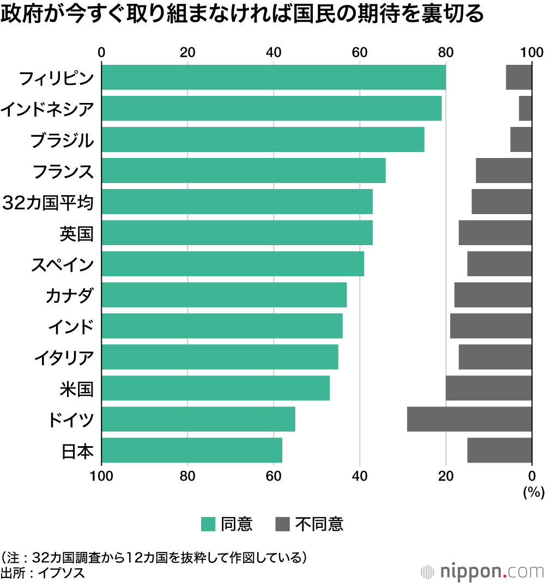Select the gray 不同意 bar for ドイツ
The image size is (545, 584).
pyautogui.click(x=469, y=419)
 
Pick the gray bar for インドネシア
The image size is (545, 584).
pyautogui.click(x=525, y=108)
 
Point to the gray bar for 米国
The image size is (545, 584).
pyautogui.click(x=489, y=388)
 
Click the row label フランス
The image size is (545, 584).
pyautogui.click(x=63, y=172)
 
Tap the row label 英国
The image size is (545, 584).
pyautogui.click(x=76, y=234)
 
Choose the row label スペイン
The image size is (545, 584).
pyautogui.click(x=62, y=265)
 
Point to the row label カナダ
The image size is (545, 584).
pyautogui.click(x=70, y=296)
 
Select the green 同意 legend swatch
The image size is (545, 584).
pyautogui.click(x=208, y=524)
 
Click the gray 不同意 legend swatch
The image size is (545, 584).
pyautogui.click(x=283, y=524)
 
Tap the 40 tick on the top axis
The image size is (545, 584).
pyautogui.click(x=274, y=52)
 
